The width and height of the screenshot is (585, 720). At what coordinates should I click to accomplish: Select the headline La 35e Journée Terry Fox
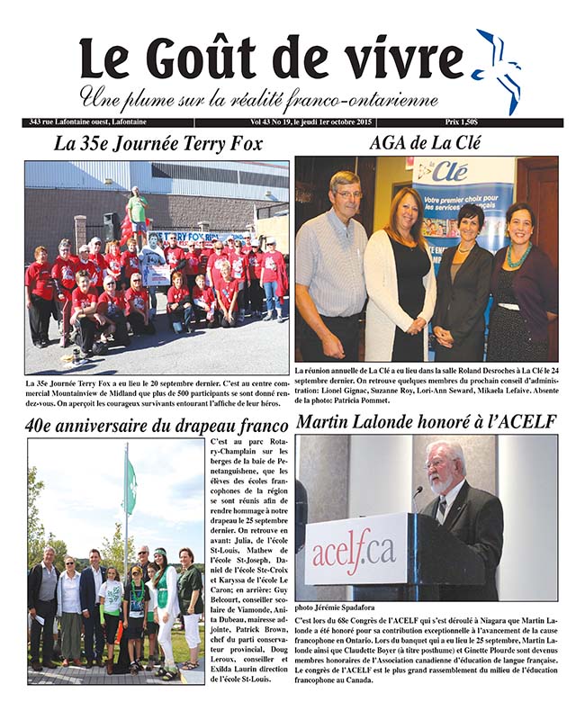coord(157,143)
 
